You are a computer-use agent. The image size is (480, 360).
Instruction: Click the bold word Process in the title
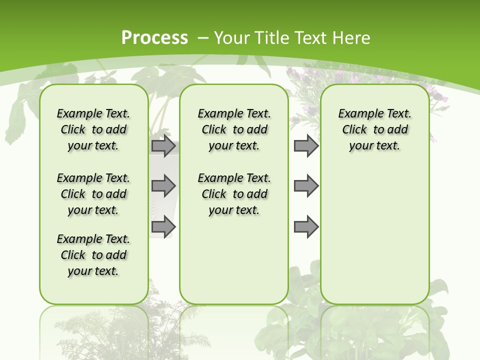[154, 37]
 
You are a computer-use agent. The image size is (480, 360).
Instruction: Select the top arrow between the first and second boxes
[163, 146]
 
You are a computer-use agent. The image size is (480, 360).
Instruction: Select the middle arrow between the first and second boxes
[163, 186]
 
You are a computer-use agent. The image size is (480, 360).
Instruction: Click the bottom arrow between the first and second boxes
[163, 226]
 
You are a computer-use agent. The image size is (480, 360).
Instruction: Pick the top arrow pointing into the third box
[306, 146]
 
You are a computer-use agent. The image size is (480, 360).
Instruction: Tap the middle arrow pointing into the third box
[306, 186]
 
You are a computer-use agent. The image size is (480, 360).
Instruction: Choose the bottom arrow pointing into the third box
[306, 226]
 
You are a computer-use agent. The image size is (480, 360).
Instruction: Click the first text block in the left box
[93, 129]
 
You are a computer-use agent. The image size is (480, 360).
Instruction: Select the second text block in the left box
[93, 194]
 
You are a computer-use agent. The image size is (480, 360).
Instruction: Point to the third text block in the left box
[93, 255]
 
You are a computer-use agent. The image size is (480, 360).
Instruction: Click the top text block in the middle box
[234, 129]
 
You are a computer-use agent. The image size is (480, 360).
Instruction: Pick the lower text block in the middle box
[234, 194]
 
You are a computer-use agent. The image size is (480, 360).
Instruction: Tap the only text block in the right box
[374, 129]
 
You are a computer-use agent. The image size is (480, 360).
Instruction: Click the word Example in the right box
[356, 114]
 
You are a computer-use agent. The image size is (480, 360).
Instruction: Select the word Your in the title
[227, 38]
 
